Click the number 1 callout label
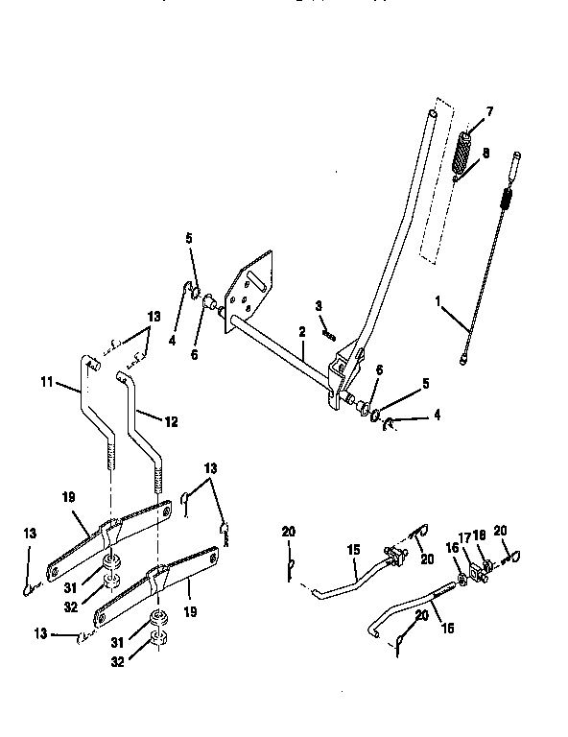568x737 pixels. point(439,301)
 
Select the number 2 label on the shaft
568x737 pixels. point(300,331)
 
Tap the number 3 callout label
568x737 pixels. point(318,306)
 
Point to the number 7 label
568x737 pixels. point(488,111)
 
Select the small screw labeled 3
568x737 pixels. point(329,333)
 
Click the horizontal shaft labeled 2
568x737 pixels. point(278,345)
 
